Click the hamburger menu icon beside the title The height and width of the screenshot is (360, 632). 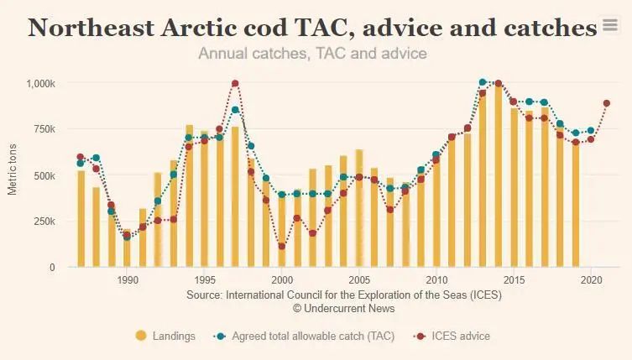[610, 26]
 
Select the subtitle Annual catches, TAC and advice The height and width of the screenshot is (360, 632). [312, 54]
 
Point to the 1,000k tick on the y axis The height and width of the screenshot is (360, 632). [39, 84]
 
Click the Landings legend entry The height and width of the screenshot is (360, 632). [165, 336]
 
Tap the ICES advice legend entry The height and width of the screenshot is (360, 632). [452, 336]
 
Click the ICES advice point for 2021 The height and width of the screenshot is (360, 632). [606, 103]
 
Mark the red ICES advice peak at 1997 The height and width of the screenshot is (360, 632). [235, 84]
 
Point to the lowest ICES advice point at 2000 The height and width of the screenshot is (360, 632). [282, 247]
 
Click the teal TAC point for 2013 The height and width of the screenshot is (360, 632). [483, 83]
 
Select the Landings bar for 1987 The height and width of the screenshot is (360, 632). [81, 218]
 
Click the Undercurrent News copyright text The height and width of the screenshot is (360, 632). [344, 309]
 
